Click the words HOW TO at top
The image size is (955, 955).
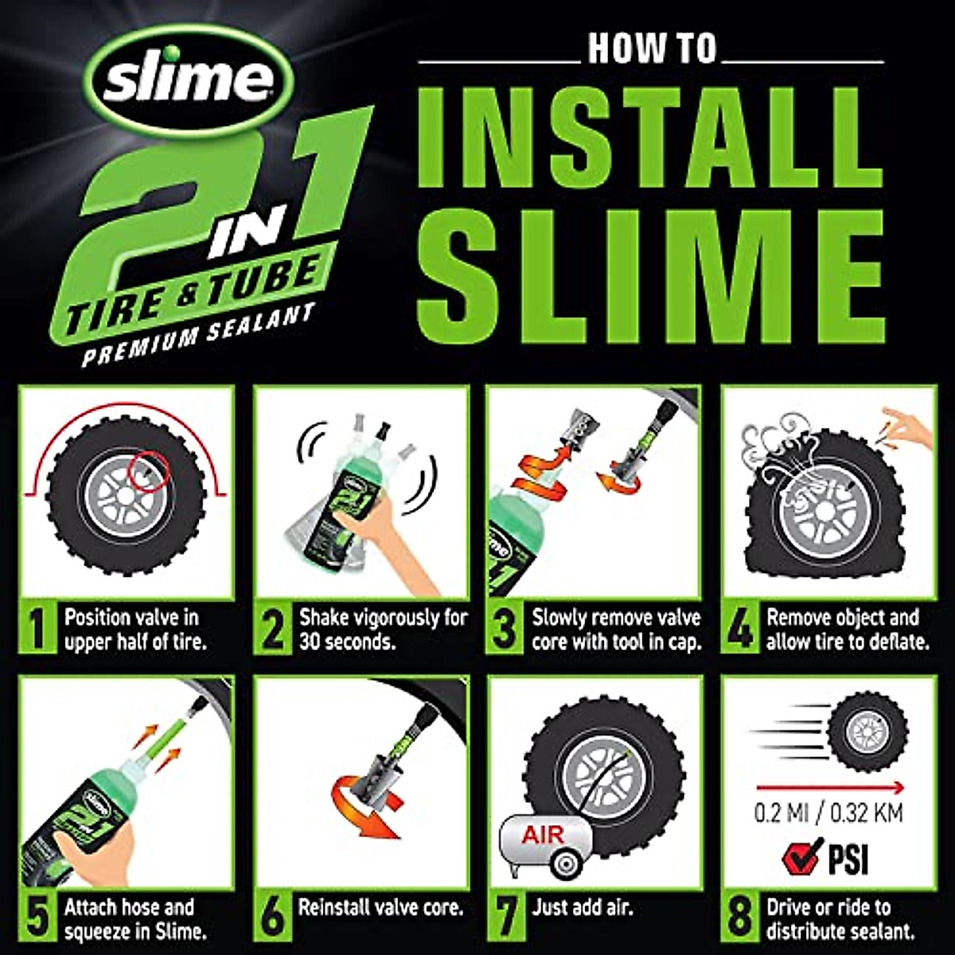pos(652,49)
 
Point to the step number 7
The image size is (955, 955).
pos(507,918)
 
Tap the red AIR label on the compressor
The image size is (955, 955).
pos(543,835)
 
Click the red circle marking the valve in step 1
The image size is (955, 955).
pos(150,468)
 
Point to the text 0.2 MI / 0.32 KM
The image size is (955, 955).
pos(828,813)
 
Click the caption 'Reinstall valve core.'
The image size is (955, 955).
pos(380,906)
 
